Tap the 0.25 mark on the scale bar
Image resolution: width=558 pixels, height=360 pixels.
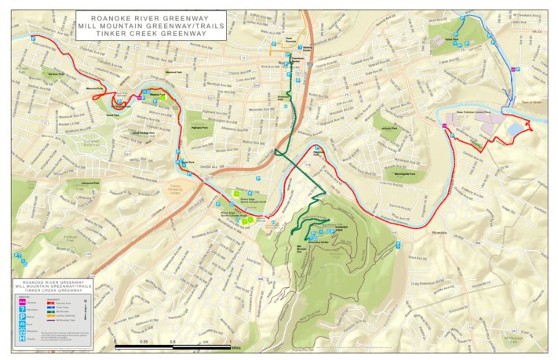tap(144, 342)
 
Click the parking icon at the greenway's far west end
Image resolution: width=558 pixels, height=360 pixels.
tap(33, 38)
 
